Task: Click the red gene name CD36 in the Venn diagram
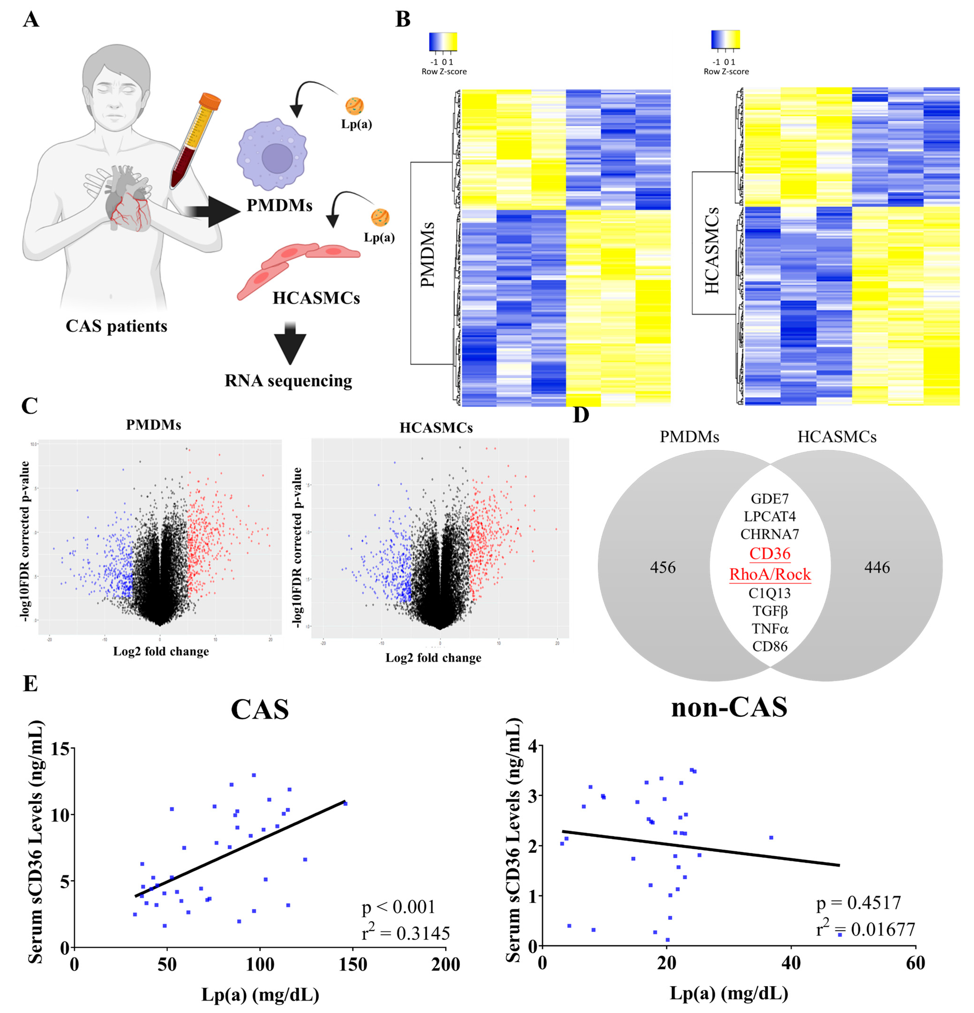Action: [x=770, y=554]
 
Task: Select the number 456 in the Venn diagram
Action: [x=663, y=567]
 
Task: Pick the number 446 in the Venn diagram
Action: [x=877, y=567]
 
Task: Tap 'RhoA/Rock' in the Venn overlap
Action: [x=770, y=574]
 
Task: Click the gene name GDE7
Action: [x=770, y=499]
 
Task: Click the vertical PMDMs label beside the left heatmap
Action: [x=428, y=255]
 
